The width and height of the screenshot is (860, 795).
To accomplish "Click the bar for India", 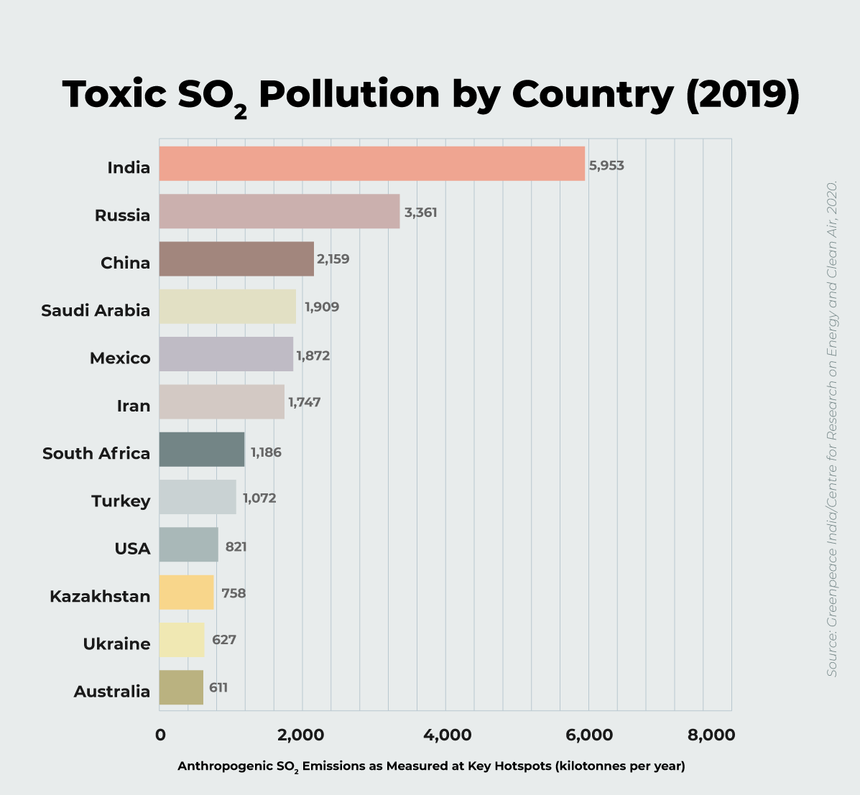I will pos(371,164).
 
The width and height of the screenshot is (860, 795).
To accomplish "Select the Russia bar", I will pos(279,211).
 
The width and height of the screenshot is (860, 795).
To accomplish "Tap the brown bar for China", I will pos(236,259).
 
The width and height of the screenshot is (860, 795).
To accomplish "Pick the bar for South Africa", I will pos(202,450).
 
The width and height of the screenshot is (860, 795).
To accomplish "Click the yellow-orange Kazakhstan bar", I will pos(186,592).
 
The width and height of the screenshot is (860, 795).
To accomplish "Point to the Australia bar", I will pos(181,687).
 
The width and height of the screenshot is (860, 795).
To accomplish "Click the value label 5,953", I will pos(606,166).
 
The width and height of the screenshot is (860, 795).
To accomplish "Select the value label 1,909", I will pos(322,307).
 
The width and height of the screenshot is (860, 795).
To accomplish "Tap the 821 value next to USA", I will pos(236,547).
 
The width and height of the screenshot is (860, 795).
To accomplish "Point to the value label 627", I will pos(224,640).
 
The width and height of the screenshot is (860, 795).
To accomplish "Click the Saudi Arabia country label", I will pos(96,310).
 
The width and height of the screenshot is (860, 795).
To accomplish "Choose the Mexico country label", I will pos(120,358).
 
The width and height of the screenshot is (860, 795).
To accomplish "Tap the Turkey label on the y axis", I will pos(121,501).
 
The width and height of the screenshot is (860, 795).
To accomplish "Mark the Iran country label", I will pos(134,406).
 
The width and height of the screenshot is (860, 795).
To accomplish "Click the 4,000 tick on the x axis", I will pos(446,735).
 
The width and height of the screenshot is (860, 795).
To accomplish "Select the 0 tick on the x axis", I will pos(160,735).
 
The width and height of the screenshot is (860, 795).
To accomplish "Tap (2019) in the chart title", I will pos(742,94).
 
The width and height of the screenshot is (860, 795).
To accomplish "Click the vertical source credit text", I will pos(832,428).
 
